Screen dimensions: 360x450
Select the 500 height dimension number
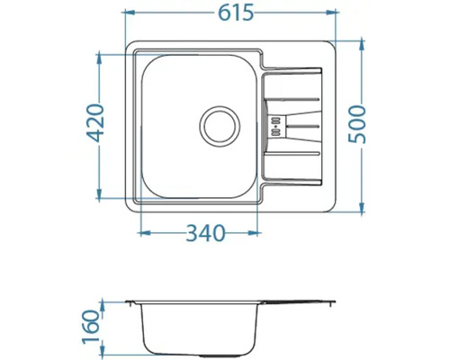[357, 126]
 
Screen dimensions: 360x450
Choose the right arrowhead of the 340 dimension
[259, 233]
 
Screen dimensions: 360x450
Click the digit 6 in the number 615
[220, 13]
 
